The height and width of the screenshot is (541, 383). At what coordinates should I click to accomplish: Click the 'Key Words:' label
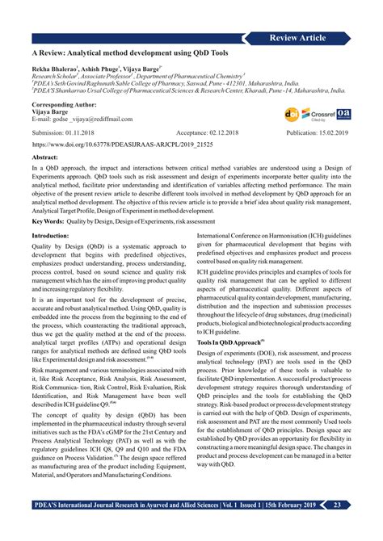[48, 220]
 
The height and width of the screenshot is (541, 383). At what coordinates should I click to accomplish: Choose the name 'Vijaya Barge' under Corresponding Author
[51, 111]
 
